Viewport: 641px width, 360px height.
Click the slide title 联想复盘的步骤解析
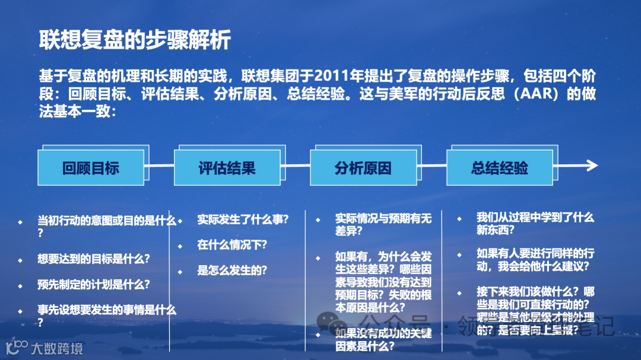coord(135,40)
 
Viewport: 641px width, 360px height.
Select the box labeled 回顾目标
coord(91,168)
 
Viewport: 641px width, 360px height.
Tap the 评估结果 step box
coord(227,168)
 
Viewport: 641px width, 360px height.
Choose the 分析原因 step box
coord(363,168)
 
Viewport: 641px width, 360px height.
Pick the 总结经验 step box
coord(500,168)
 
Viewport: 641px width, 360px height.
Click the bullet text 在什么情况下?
coord(232,244)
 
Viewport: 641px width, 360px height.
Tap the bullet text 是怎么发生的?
coord(232,270)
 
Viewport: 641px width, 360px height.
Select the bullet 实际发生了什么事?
coord(243,219)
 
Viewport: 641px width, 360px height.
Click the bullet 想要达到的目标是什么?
coord(93,259)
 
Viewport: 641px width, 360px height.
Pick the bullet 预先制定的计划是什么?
coord(93,284)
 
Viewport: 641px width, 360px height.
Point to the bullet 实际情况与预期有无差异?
coord(383,225)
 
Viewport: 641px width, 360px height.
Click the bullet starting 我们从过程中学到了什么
coord(535,224)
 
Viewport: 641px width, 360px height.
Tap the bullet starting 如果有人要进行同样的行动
coord(535,260)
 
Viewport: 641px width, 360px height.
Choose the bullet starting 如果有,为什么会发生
coord(383,282)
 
